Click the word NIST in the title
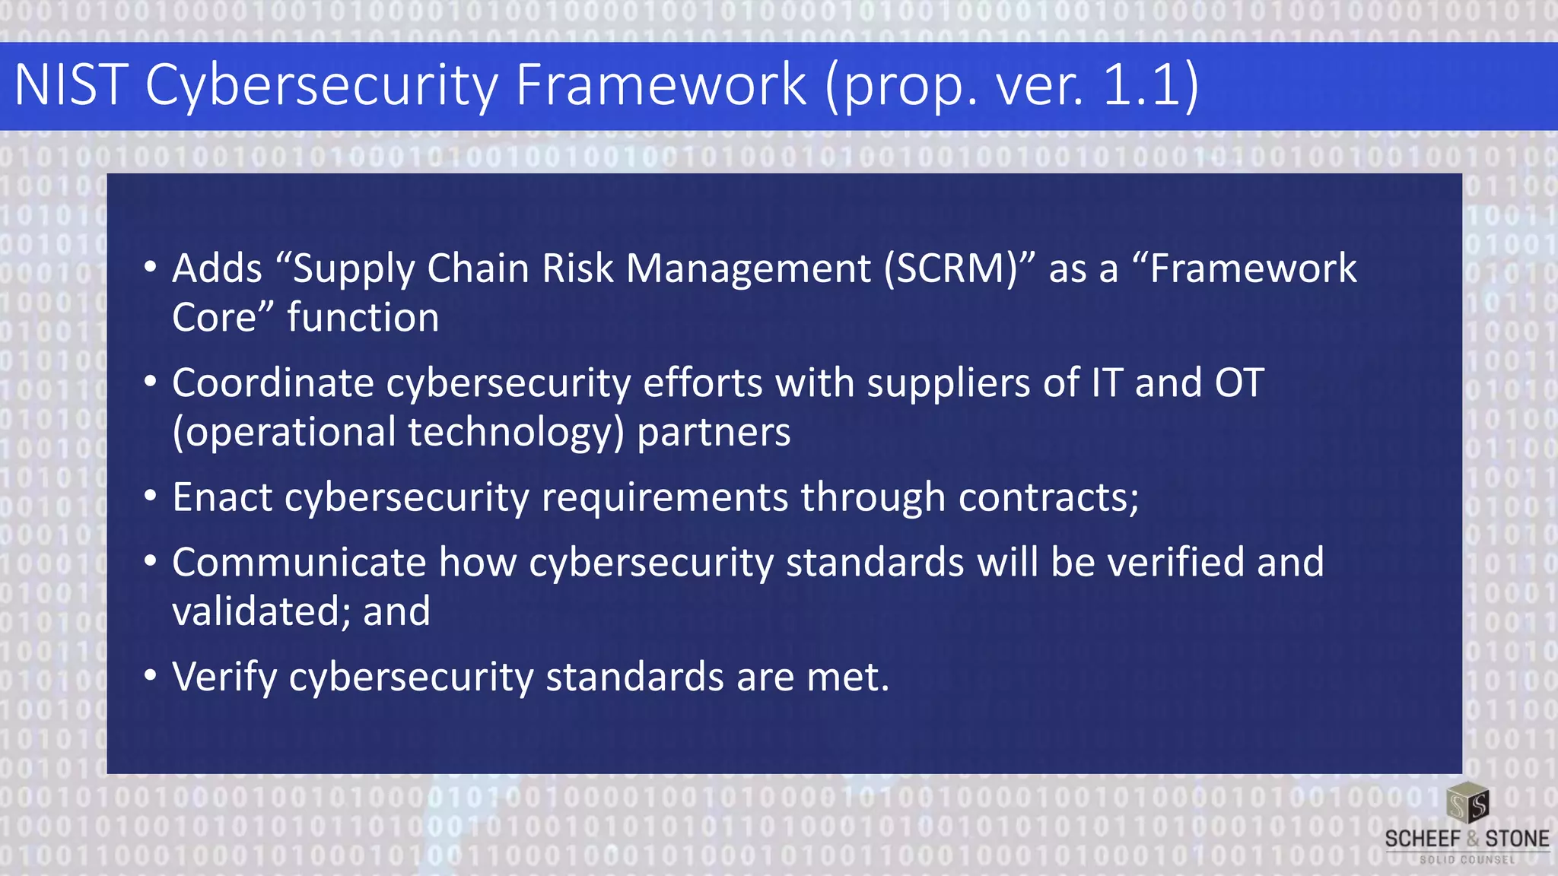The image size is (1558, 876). point(71,84)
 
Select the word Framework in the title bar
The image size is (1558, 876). point(660,84)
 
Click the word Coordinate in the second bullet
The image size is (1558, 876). point(272,382)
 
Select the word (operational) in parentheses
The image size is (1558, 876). point(284,433)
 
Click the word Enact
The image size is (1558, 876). point(222,497)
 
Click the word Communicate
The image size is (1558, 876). point(299,563)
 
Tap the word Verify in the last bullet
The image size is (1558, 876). point(224,678)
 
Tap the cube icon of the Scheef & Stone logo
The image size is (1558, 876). point(1467,804)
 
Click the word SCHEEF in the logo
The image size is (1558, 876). point(1422,839)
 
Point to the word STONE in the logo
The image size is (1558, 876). point(1517,839)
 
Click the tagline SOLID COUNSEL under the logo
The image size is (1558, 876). point(1467,860)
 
